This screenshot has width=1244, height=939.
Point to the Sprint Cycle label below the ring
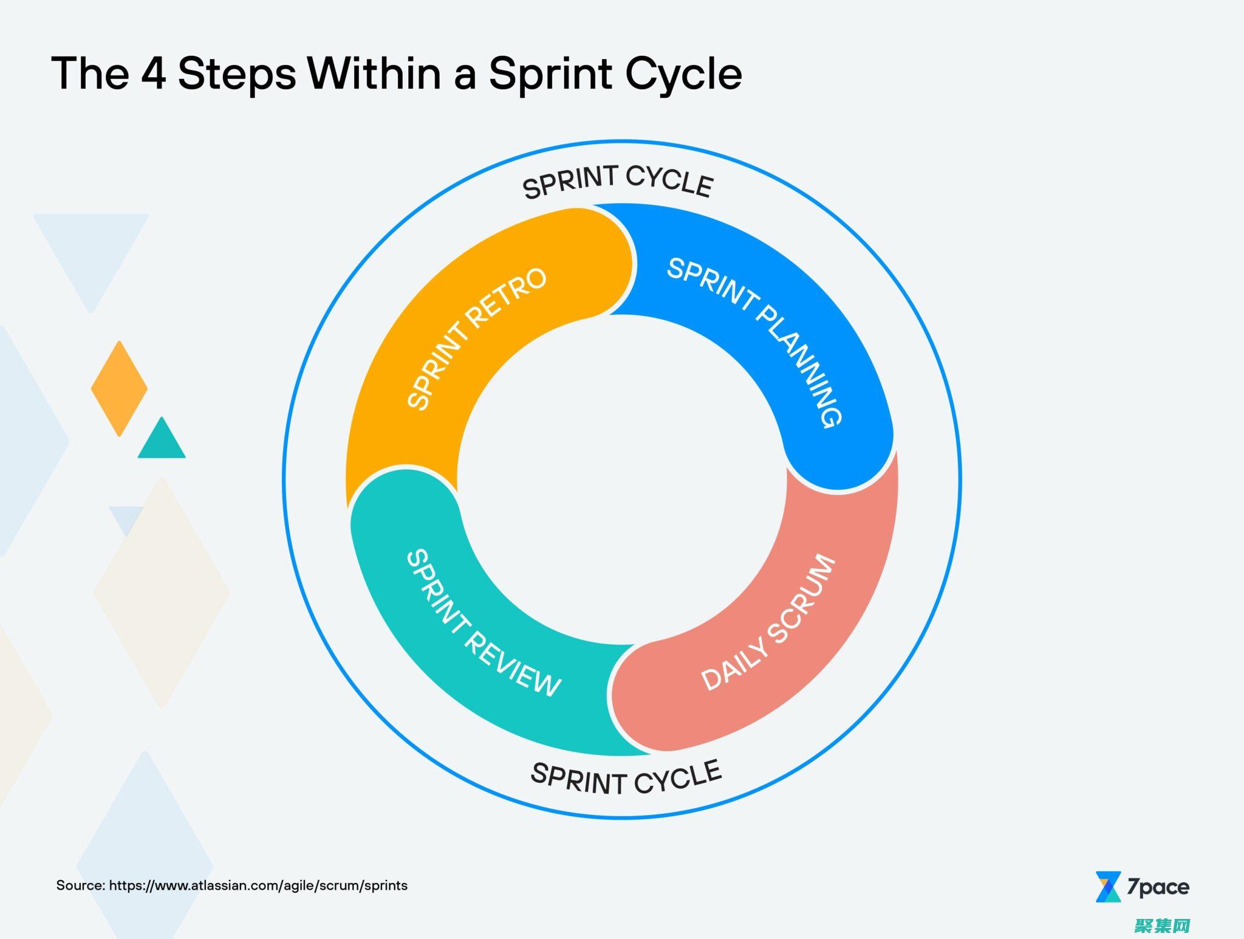click(626, 778)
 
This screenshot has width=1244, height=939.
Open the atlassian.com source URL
click(258, 886)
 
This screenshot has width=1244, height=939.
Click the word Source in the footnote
click(80, 886)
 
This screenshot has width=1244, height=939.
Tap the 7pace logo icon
click(1108, 887)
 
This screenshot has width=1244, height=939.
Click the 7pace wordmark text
click(1158, 887)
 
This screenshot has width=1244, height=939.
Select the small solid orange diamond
click(119, 388)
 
